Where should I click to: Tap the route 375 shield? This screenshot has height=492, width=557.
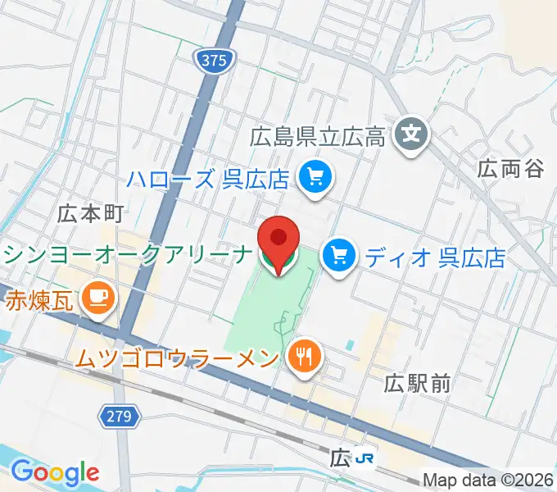point(215,59)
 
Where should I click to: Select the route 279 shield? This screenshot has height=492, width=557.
point(119,417)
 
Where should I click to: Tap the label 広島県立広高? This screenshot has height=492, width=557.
point(318,136)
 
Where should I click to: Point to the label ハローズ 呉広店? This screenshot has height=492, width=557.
point(208,178)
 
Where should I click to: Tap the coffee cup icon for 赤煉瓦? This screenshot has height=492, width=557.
point(97,295)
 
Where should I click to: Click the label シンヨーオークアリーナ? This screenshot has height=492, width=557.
point(125,255)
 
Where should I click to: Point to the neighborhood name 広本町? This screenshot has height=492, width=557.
point(90,214)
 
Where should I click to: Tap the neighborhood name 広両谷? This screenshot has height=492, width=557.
point(511,169)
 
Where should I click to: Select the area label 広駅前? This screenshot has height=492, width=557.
point(418,382)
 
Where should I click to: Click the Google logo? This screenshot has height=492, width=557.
point(55,471)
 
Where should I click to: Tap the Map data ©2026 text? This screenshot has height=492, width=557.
point(488,481)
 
